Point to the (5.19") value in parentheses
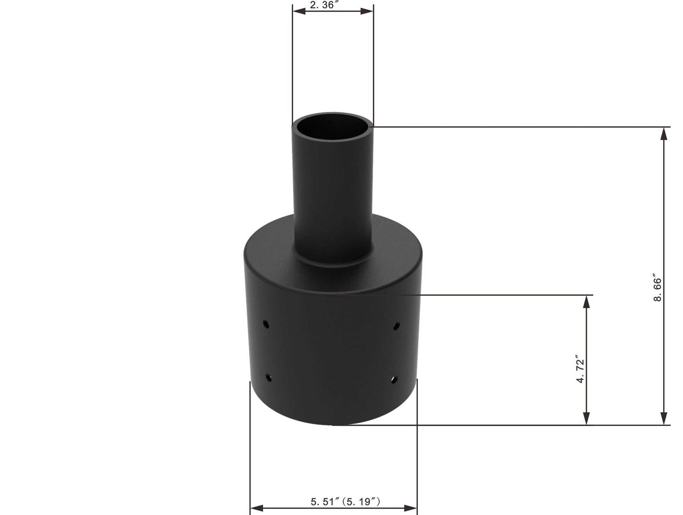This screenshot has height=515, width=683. (x=361, y=502)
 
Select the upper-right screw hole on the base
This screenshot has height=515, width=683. (x=396, y=326)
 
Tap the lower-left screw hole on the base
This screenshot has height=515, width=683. (x=269, y=378)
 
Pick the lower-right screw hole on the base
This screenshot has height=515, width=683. (x=394, y=380)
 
